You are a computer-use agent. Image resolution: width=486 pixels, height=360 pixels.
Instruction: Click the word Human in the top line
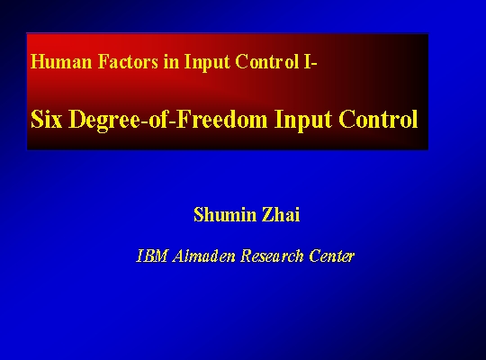coord(61,61)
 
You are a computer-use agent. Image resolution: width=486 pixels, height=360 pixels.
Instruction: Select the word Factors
coord(128,61)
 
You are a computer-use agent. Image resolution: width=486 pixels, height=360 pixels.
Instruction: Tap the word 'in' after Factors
coord(171,61)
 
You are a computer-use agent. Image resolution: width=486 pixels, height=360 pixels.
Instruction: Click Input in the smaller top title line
coord(207,63)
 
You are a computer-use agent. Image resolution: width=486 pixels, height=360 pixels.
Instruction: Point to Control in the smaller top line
coord(267,61)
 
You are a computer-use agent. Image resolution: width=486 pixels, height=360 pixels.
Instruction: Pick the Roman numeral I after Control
coord(307,61)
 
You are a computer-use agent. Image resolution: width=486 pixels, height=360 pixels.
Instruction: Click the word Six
coord(47,119)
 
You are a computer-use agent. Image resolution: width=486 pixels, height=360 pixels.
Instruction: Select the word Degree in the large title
coord(104,121)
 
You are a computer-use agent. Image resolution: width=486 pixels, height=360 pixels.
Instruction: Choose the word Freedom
coord(221,119)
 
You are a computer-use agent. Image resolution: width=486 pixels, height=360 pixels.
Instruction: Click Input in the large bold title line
coord(303,121)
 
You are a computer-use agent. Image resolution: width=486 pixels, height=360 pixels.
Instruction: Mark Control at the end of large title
coord(378,119)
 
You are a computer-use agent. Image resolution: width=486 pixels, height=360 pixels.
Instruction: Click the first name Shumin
coord(225,214)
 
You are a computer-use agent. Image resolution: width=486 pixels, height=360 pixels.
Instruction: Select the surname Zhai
coord(281,214)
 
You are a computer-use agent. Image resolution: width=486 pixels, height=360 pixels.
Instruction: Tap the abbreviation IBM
coord(152,256)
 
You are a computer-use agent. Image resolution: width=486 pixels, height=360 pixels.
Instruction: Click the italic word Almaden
coord(204,256)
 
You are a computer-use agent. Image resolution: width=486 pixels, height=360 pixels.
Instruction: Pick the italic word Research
coord(272,256)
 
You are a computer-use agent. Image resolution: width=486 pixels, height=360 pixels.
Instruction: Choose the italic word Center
coord(331,256)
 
